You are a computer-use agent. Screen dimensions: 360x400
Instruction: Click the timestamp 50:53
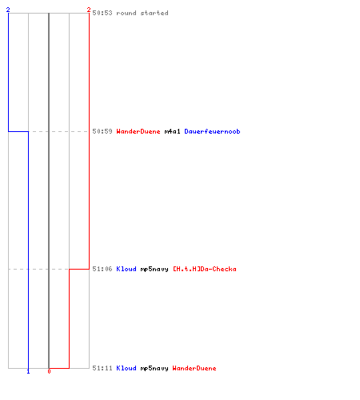(x=102, y=13)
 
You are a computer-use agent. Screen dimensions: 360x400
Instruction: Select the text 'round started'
(x=142, y=13)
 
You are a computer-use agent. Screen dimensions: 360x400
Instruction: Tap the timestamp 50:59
(x=102, y=131)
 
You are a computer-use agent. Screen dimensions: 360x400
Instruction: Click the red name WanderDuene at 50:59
(x=138, y=131)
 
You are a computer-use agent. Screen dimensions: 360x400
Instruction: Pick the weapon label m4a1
(x=172, y=131)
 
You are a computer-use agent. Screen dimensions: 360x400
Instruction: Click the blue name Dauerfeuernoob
(x=212, y=131)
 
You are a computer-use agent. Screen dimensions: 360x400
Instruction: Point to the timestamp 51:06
(x=102, y=269)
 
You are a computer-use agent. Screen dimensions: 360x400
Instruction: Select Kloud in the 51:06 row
(x=126, y=269)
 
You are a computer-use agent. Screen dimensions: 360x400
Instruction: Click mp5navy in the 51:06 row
(x=154, y=269)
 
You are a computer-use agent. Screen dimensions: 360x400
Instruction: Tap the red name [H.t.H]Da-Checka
(x=205, y=269)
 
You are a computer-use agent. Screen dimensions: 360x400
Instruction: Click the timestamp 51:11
(x=102, y=368)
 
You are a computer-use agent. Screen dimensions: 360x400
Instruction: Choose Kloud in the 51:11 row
(x=126, y=368)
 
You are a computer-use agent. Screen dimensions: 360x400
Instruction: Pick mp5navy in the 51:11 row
(x=154, y=368)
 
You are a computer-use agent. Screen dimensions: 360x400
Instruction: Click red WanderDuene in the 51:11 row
(x=194, y=368)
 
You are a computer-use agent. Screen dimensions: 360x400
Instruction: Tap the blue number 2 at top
(x=8, y=10)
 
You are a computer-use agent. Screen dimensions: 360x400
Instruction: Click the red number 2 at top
(x=89, y=10)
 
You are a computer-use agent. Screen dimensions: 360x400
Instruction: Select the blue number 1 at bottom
(x=28, y=371)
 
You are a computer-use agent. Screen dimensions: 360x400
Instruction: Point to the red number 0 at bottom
(x=49, y=371)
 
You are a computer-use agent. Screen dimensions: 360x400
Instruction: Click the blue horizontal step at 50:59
(x=18, y=131)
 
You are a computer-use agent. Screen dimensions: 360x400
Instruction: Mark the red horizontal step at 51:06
(x=79, y=269)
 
